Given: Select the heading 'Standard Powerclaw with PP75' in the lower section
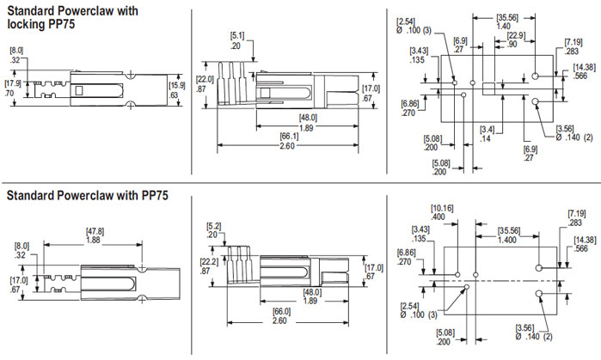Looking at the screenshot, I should click(x=87, y=197).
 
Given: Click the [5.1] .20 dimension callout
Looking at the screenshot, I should click(x=236, y=40).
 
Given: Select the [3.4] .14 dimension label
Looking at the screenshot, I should click(x=487, y=134).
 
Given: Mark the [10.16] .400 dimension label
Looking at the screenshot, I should click(x=442, y=212).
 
